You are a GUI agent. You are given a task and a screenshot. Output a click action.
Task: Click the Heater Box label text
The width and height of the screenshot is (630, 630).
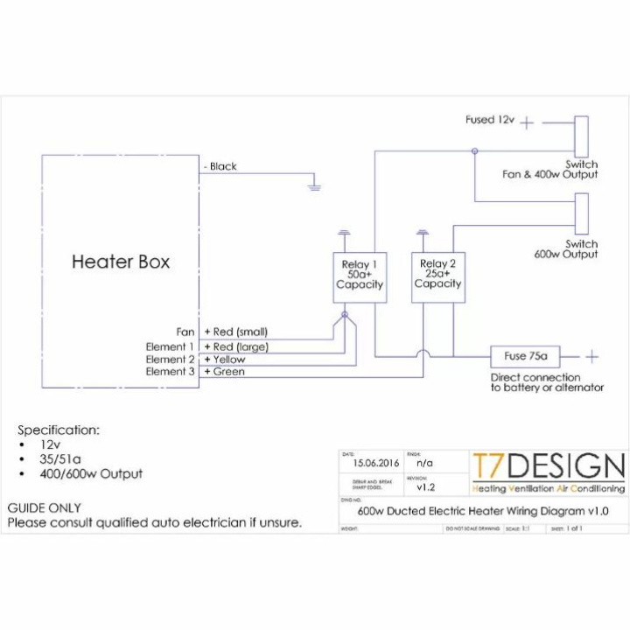pos(121,261)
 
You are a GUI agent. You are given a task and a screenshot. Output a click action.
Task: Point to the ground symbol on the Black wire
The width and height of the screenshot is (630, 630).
pos(315,185)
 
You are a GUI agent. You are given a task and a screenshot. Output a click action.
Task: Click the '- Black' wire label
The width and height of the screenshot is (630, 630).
pos(220,166)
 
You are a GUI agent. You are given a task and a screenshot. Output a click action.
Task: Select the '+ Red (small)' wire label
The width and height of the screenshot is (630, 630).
pos(235,332)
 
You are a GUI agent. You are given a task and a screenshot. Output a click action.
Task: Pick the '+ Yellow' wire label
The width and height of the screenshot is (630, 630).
pos(225,360)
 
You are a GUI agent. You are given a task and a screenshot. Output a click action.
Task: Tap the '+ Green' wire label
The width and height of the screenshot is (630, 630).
pos(224,372)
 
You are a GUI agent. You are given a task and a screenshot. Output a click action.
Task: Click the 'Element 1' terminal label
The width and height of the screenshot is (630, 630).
pos(170,347)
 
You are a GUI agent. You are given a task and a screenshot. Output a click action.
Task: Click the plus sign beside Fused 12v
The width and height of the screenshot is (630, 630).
pos(527,123)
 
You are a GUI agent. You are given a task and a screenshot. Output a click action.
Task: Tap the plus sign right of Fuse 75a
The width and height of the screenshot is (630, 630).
pos(592,357)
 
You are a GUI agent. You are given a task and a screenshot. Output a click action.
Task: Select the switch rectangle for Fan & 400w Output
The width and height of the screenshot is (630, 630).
pos(581,136)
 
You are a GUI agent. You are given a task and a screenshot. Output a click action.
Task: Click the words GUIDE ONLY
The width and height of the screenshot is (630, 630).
pos(44,507)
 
